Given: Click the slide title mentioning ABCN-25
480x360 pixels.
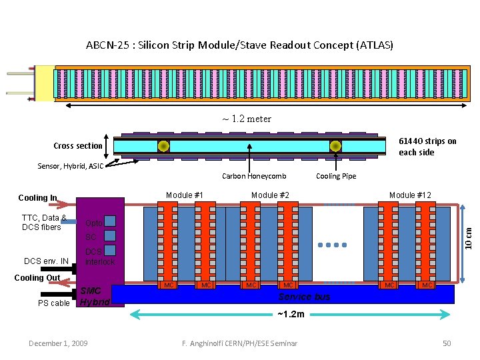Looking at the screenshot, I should coord(239,46).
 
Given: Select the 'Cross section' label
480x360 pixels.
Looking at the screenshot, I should coord(78,146).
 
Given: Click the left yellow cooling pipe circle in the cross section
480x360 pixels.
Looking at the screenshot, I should coord(162,146).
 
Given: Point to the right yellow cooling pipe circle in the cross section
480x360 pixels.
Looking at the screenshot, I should coord(335,146).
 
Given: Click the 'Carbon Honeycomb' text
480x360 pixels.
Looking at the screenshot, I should coord(254,176).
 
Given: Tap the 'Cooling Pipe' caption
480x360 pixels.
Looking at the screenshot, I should coord(336,176).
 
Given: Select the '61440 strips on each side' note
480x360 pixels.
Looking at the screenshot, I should coord(427,147).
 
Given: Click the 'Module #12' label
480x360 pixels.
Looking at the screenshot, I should coord(410,195).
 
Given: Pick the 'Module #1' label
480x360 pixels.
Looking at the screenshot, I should coord(185,195).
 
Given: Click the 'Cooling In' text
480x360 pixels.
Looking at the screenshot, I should coord(37,198).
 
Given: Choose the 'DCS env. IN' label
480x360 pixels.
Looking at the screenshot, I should coord(46,261).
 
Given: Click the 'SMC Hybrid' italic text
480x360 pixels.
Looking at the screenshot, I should coord(92,297).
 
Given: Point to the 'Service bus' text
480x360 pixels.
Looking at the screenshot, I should coord(304,297).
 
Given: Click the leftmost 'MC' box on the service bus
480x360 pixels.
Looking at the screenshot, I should coord(169,285).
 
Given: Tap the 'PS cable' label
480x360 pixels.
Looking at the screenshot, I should coord(54,303).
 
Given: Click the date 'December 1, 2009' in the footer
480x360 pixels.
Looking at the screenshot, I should coord(58,343).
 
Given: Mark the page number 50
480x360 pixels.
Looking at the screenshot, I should coord(447,343).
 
